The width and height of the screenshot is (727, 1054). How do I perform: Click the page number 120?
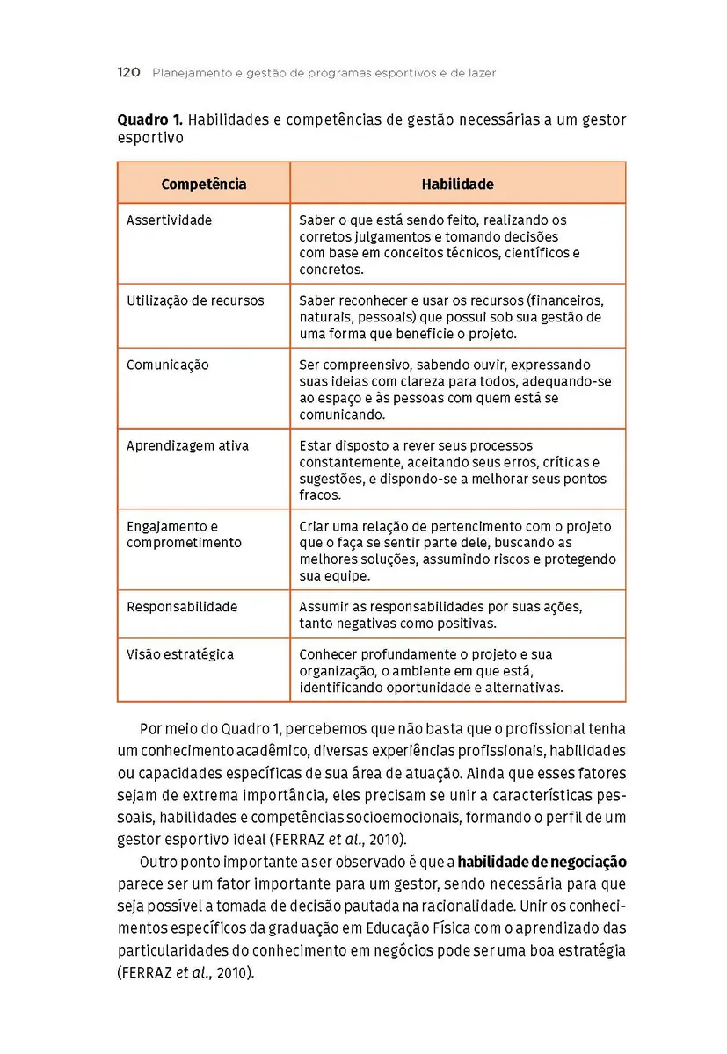coord(128,73)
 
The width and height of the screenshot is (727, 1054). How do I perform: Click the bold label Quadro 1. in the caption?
coord(150,119)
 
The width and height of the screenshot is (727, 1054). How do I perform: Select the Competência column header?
coord(204,184)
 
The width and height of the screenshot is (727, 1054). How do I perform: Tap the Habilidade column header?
coord(457,184)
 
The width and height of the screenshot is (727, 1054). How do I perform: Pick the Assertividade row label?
coord(170,220)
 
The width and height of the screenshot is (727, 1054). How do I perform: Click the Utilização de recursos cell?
coord(195,300)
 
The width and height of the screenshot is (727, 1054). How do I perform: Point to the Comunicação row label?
coord(168,365)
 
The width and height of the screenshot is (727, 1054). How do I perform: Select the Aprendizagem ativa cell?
coord(187,445)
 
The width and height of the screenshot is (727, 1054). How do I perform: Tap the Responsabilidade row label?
coord(182,607)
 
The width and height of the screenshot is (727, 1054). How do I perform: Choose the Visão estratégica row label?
coord(180,654)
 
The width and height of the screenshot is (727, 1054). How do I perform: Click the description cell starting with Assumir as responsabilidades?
coord(440,615)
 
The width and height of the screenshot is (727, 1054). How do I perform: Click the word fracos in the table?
coord(319,495)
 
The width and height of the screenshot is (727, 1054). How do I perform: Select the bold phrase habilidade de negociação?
coord(542,863)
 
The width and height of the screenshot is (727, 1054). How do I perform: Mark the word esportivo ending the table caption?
coord(150,138)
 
